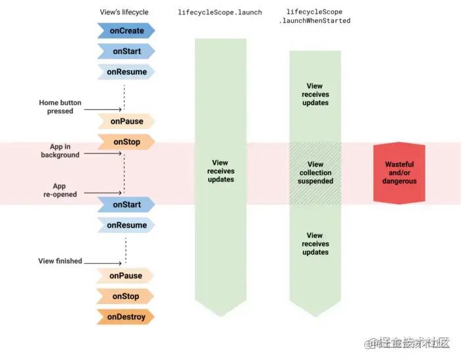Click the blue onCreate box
(x=126, y=31)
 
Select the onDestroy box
(x=125, y=317)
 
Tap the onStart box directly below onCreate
(x=126, y=51)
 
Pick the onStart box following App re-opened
(x=126, y=205)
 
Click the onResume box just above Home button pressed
(x=126, y=72)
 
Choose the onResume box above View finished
(x=126, y=225)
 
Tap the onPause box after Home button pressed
(x=125, y=121)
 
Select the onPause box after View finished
(x=125, y=276)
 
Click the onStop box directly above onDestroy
(x=125, y=296)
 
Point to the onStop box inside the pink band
(x=125, y=141)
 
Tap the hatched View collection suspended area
(x=315, y=172)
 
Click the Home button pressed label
(x=60, y=107)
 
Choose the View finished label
(x=60, y=261)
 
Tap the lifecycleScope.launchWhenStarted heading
(x=315, y=16)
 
